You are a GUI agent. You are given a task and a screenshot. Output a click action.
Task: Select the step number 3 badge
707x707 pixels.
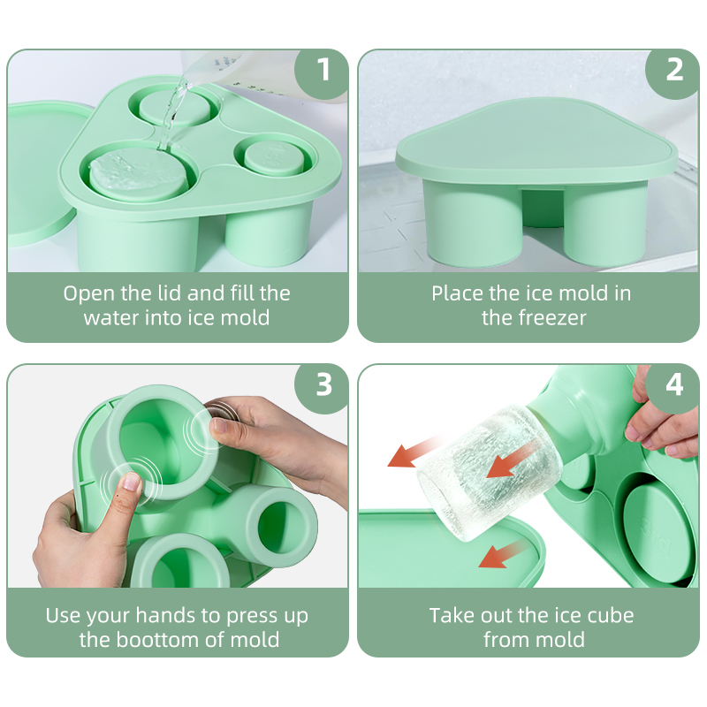[x=323, y=384]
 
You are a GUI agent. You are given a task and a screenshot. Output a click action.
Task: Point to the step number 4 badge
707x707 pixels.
[x=674, y=384]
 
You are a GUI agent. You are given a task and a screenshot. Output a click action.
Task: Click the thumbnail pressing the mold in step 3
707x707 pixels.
[x=132, y=483]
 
